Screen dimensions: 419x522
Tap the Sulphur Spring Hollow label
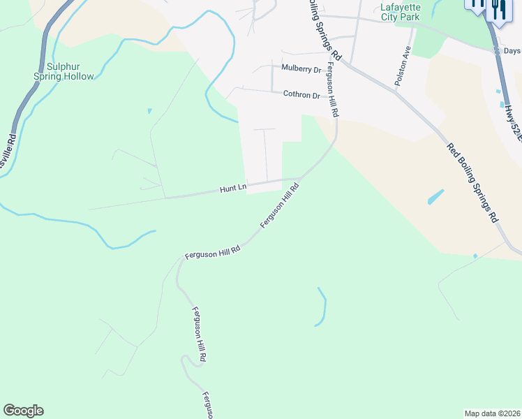(x=64, y=72)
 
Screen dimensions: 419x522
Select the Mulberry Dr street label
(x=301, y=69)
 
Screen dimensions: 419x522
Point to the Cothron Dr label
(x=301, y=95)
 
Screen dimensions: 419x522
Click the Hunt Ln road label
(x=233, y=189)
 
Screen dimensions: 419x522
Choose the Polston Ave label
(x=402, y=66)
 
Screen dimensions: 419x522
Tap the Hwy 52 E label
(x=512, y=122)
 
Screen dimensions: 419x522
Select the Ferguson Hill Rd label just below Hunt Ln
(x=280, y=205)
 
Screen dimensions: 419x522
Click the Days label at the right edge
(x=512, y=51)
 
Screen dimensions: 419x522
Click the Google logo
(x=23, y=411)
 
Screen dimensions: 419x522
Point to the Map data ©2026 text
(x=492, y=413)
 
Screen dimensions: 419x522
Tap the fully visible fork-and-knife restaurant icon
(x=498, y=10)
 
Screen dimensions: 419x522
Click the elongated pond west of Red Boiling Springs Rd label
(x=435, y=198)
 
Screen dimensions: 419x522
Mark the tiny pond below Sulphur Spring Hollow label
(x=149, y=111)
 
